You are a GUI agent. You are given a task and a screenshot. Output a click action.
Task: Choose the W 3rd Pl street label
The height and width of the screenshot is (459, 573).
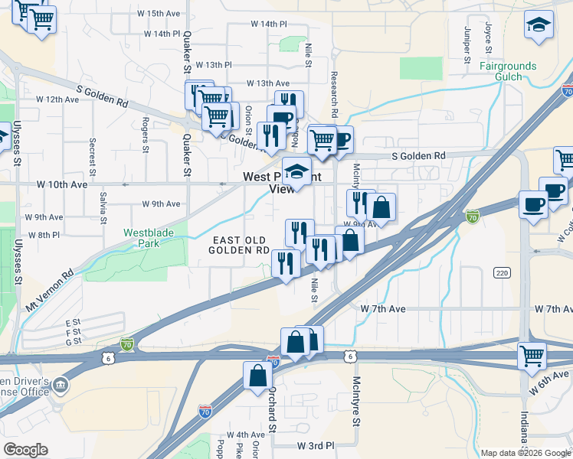(x=316, y=444)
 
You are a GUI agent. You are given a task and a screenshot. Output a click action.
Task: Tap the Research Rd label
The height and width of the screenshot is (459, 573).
(x=334, y=93)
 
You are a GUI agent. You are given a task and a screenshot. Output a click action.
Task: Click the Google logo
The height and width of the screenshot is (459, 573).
(x=25, y=450)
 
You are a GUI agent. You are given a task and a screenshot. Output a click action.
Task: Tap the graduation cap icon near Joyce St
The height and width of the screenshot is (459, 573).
(x=539, y=24)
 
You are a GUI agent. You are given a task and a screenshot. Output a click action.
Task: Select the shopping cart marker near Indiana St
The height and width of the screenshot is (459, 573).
(x=532, y=355)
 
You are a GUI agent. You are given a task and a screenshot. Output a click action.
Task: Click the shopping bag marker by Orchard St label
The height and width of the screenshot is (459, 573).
(x=258, y=375)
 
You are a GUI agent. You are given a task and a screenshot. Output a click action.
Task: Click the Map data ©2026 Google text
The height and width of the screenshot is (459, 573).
(x=526, y=453)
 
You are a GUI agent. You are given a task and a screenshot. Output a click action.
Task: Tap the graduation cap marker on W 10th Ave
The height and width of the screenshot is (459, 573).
(x=296, y=171)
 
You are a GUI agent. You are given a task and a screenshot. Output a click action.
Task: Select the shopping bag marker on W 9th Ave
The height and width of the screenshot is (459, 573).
(x=381, y=207)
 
